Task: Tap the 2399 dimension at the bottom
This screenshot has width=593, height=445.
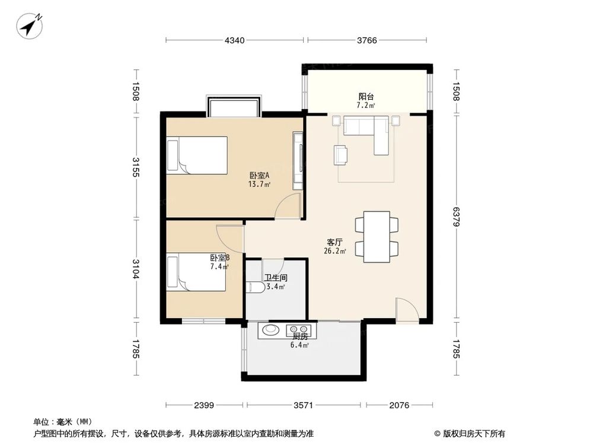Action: coord(204,405)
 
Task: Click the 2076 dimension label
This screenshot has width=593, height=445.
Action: coord(400,405)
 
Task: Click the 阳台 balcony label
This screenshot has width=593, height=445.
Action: coord(365,96)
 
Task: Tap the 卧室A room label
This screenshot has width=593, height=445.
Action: coord(259,176)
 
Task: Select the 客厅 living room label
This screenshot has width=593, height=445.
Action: coord(335,242)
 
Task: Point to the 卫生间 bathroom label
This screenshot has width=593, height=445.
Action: coord(276,277)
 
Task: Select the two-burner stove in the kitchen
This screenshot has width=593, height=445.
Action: coord(298,330)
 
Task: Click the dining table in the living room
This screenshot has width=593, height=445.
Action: coord(376,236)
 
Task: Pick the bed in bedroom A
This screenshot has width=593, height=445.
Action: coord(197,155)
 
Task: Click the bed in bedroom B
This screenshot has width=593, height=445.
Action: coord(196,272)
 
